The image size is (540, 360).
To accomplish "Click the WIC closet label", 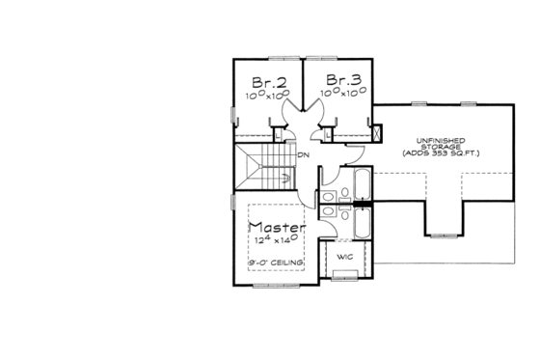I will pyautogui.click(x=342, y=258).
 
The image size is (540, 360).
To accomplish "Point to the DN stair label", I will pyautogui.click(x=303, y=154).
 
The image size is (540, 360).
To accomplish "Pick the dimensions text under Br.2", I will pyautogui.click(x=267, y=96).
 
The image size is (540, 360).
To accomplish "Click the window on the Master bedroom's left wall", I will pyautogui.click(x=233, y=204).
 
